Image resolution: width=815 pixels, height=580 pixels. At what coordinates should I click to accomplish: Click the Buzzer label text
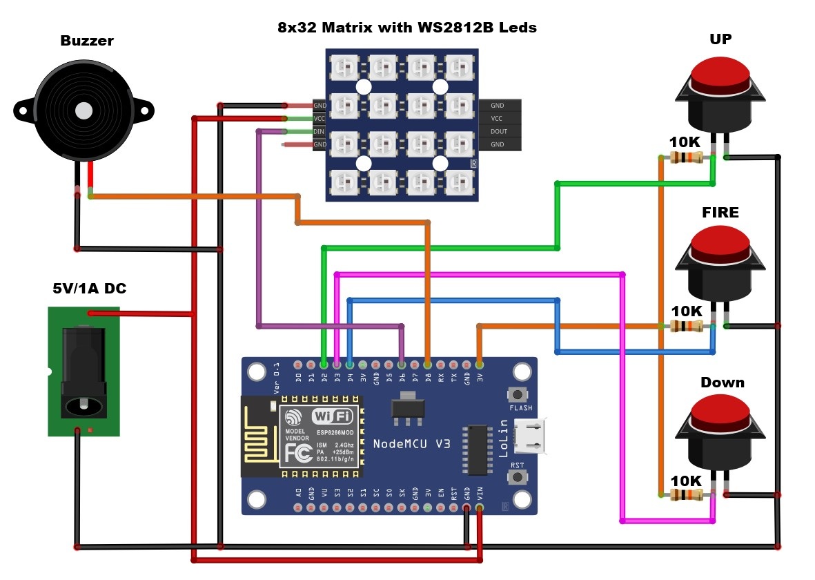[x=87, y=41]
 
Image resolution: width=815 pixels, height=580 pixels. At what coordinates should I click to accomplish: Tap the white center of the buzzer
[x=84, y=110]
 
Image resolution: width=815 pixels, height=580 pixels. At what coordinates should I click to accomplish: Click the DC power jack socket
[x=84, y=373]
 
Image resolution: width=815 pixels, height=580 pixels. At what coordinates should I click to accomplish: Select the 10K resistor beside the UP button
[x=687, y=158]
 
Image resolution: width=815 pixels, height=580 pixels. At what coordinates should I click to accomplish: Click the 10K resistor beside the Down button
[x=687, y=494]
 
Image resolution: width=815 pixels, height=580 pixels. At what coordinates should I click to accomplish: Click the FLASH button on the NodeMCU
[x=518, y=394]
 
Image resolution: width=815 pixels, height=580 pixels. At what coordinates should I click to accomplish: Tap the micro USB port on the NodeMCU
[x=534, y=436]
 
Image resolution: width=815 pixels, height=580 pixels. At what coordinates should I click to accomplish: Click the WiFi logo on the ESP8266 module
[x=333, y=416]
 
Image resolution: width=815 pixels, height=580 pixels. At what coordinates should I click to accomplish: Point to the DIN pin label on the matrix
[x=320, y=131]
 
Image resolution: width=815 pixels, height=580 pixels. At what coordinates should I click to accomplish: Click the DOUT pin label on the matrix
[x=498, y=131]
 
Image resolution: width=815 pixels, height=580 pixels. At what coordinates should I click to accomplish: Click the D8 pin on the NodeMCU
[x=428, y=363]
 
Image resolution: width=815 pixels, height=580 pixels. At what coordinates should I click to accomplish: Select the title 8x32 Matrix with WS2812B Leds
[x=406, y=28]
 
